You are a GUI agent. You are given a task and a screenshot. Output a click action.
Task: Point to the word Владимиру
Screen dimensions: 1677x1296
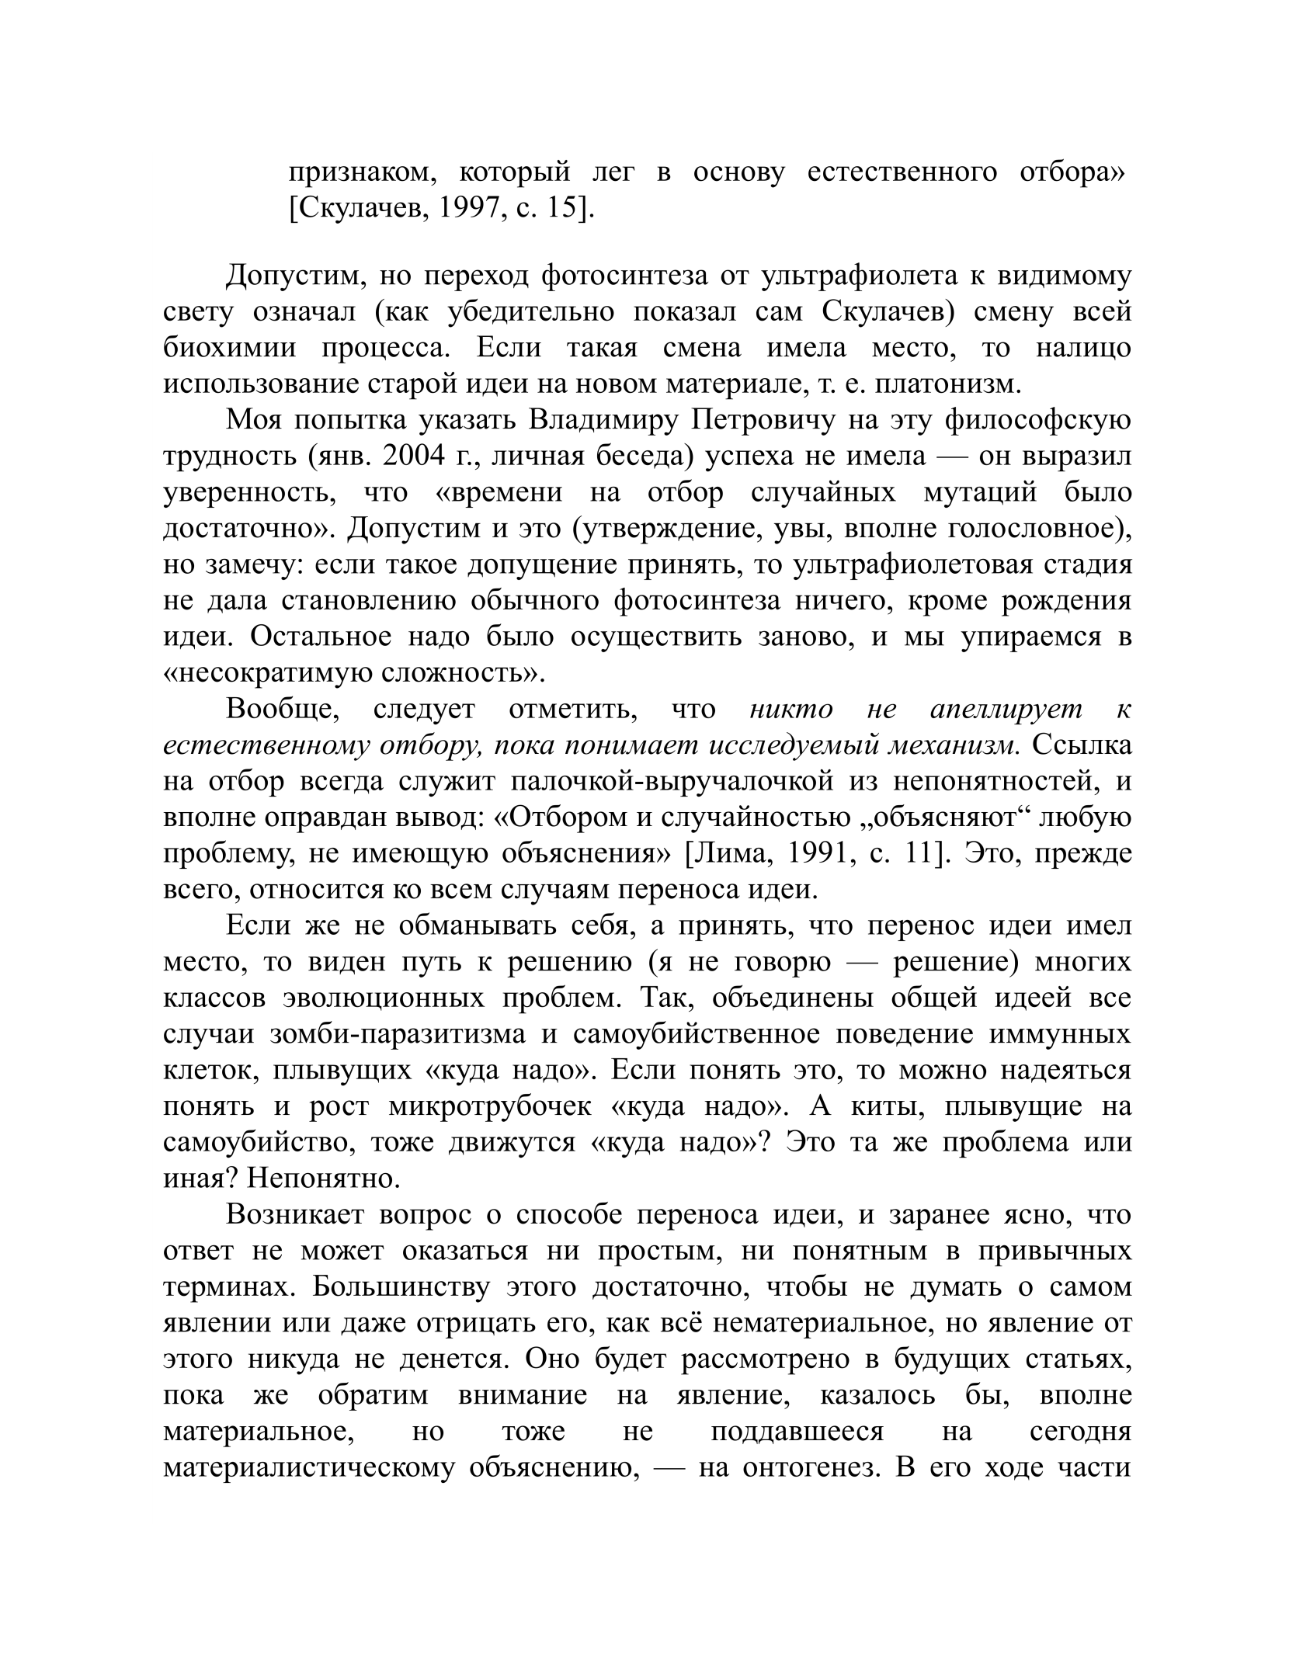pyautogui.click(x=603, y=420)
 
